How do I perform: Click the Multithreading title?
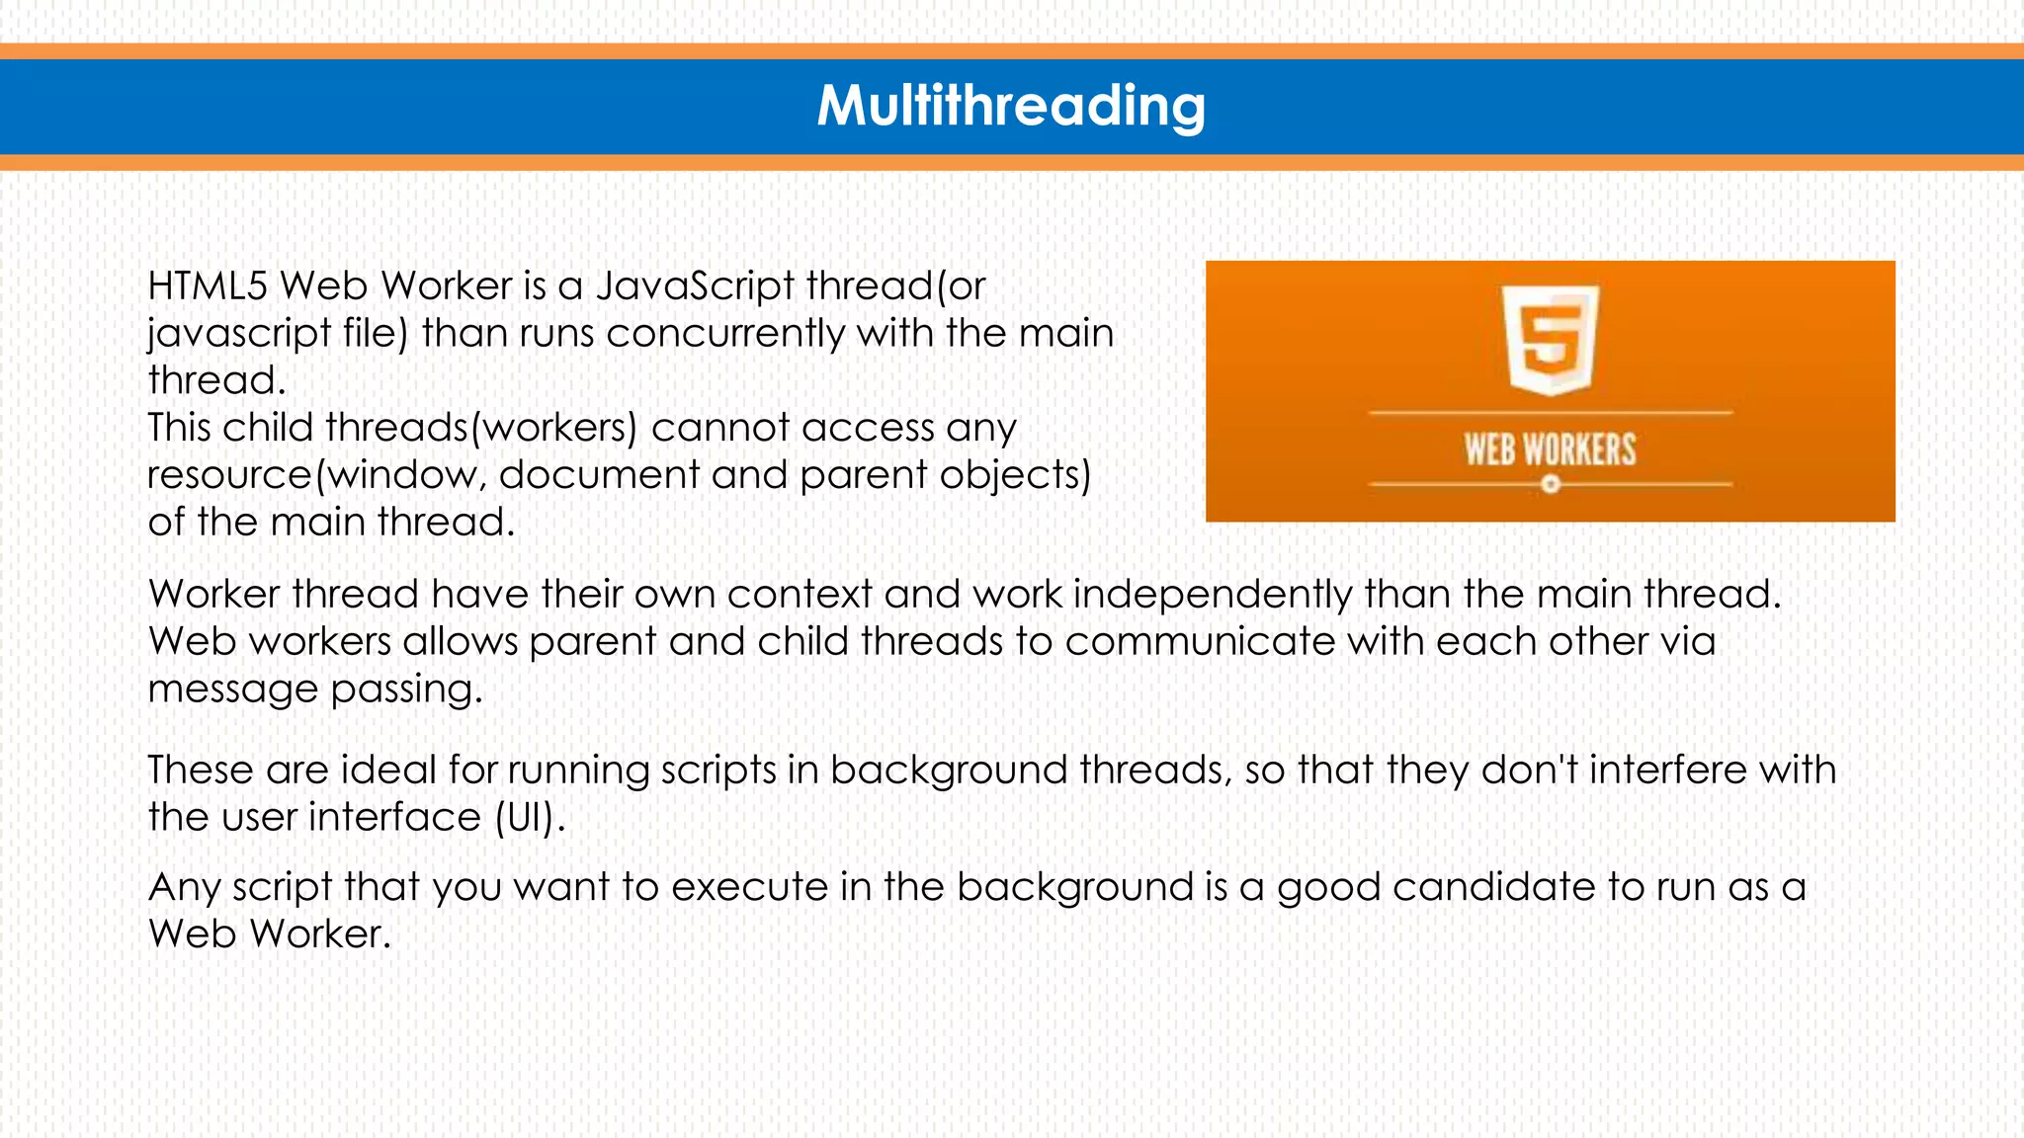coord(1011,106)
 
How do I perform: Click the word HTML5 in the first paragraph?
coord(208,286)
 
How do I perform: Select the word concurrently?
coord(726,334)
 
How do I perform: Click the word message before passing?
coord(232,690)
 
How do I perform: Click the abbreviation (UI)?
coord(530,818)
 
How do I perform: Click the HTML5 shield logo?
coord(1550,339)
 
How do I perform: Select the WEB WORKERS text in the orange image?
coord(1550,450)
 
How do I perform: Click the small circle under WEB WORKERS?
coord(1551,484)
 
